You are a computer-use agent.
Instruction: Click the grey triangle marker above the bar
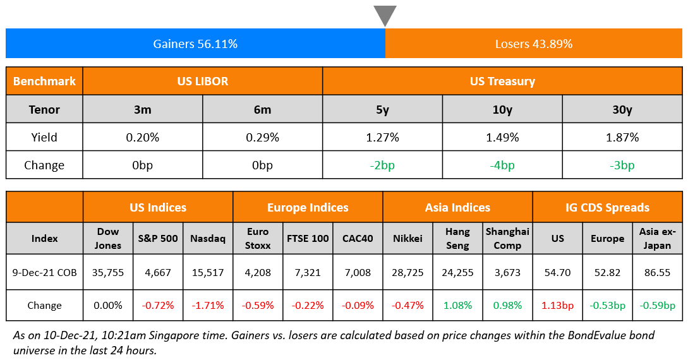[x=385, y=15]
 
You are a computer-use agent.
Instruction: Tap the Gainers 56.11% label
[x=195, y=44]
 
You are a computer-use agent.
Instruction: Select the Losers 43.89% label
[x=533, y=44]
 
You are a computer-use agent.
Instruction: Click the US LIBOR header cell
[x=203, y=81]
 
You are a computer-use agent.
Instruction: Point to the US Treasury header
[x=502, y=81]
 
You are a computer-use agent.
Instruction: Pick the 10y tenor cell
[x=502, y=109]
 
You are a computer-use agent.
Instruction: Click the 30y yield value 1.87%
[x=622, y=137]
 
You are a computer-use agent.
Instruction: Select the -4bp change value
[x=502, y=165]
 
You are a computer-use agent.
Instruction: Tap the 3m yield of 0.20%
[x=143, y=137]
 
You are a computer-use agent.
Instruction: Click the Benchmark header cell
[x=44, y=81]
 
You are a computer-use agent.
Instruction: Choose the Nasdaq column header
[x=207, y=239]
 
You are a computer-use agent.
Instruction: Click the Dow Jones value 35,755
[x=108, y=273]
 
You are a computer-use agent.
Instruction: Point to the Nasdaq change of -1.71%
[x=207, y=306]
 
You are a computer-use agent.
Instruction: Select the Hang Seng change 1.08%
[x=458, y=306]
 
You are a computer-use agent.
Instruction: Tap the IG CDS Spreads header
[x=607, y=207]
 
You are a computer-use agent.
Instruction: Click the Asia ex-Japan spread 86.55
[x=657, y=273]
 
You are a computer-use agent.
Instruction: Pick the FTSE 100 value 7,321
[x=308, y=273]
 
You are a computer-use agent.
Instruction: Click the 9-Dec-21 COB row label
[x=44, y=273]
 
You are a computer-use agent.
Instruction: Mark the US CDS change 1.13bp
[x=557, y=306]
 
